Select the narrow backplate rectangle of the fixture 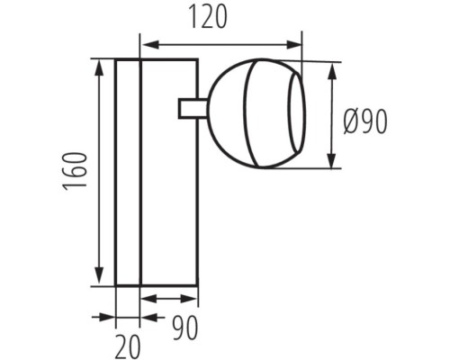pos(129,171)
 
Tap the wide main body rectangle pos(169,198)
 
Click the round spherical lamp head pos(247,112)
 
